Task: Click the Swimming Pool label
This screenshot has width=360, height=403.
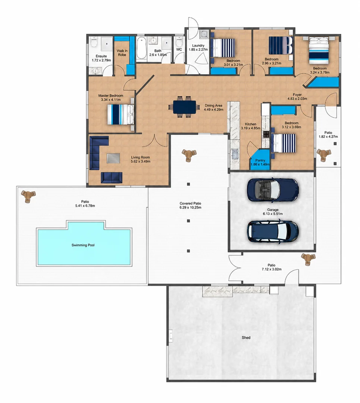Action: coord(83,245)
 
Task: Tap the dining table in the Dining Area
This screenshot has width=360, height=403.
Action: coord(184,107)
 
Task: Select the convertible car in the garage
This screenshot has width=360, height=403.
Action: coord(273,190)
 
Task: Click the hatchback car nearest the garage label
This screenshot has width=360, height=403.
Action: coord(273,231)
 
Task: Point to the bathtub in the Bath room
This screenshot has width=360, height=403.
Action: coord(141,48)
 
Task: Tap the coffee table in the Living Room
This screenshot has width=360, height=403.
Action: coord(113,158)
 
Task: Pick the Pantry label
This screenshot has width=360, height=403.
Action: coord(260,160)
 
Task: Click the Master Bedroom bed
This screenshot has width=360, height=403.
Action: coord(120,115)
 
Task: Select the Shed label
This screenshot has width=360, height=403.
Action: coord(246,337)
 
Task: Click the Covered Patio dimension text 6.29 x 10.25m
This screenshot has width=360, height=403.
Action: coord(190,207)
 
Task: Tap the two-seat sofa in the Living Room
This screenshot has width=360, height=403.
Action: coord(112,178)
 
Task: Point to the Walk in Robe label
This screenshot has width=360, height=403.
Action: coord(122,53)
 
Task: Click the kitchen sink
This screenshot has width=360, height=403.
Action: coord(235,154)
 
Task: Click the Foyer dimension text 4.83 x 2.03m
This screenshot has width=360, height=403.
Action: coord(297,99)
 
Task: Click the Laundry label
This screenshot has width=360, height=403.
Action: coord(198,46)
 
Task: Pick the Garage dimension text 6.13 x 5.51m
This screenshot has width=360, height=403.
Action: coord(273,213)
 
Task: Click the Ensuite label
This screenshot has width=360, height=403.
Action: coord(101,56)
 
